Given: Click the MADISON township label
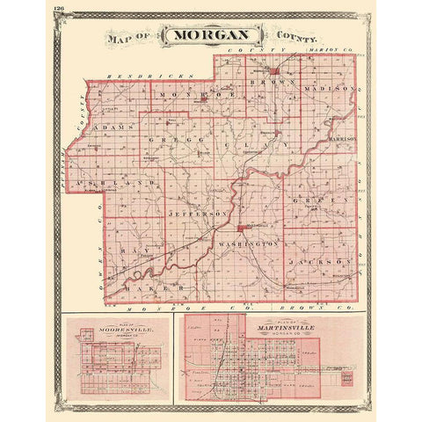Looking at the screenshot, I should click(330, 90).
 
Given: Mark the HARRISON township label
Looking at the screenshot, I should click(341, 139).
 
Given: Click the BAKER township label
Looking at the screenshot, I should click(145, 287).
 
